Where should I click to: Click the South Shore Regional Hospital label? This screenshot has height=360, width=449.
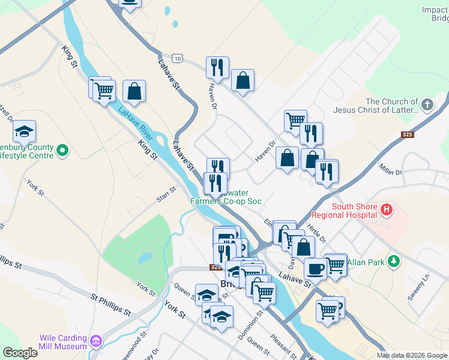(x=354, y=211)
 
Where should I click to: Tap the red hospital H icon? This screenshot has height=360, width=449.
(x=387, y=210)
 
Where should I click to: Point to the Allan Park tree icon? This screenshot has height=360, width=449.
(x=394, y=261)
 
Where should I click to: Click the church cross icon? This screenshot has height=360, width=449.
(x=427, y=106)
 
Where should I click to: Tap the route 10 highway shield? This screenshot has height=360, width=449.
(x=176, y=58)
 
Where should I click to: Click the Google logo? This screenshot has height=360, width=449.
(x=20, y=352)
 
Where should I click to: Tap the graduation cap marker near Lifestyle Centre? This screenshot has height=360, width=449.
(x=25, y=131)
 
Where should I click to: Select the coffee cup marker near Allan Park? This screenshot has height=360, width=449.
(x=315, y=269)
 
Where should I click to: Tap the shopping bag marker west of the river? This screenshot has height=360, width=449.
(x=134, y=91)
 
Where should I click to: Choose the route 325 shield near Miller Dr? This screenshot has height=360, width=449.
(x=408, y=134)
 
